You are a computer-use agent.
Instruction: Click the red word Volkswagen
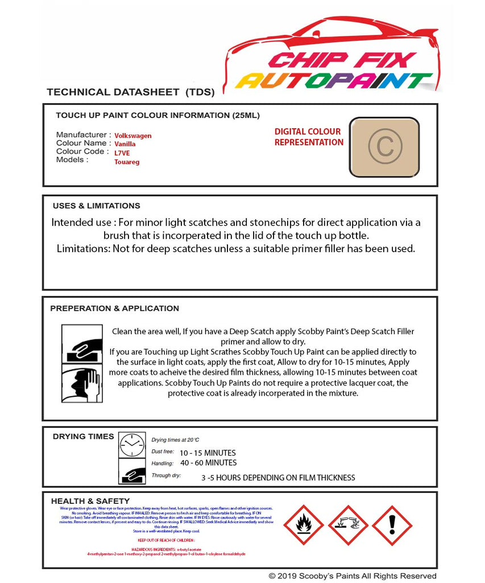click(133, 136)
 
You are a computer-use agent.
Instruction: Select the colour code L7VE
click(122, 153)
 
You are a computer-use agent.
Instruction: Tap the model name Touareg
click(127, 162)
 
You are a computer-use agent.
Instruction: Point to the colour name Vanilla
click(125, 144)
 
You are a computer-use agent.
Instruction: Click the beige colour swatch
click(384, 147)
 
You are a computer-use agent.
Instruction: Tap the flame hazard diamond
click(304, 525)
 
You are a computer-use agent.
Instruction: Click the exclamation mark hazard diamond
click(392, 525)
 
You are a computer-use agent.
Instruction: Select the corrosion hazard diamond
click(348, 525)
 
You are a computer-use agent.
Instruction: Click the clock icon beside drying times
click(132, 444)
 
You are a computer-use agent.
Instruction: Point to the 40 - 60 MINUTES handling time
click(208, 463)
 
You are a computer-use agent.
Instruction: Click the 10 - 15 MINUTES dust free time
click(208, 453)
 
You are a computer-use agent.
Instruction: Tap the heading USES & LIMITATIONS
click(96, 206)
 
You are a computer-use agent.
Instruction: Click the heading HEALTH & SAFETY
click(90, 501)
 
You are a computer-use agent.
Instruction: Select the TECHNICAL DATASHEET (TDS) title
click(130, 92)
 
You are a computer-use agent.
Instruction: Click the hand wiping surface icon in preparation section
click(81, 343)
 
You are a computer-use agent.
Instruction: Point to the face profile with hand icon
click(81, 384)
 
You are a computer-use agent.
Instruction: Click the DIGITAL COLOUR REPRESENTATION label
click(308, 137)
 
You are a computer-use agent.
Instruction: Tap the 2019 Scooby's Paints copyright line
click(353, 576)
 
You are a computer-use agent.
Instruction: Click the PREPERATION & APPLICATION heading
click(114, 308)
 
